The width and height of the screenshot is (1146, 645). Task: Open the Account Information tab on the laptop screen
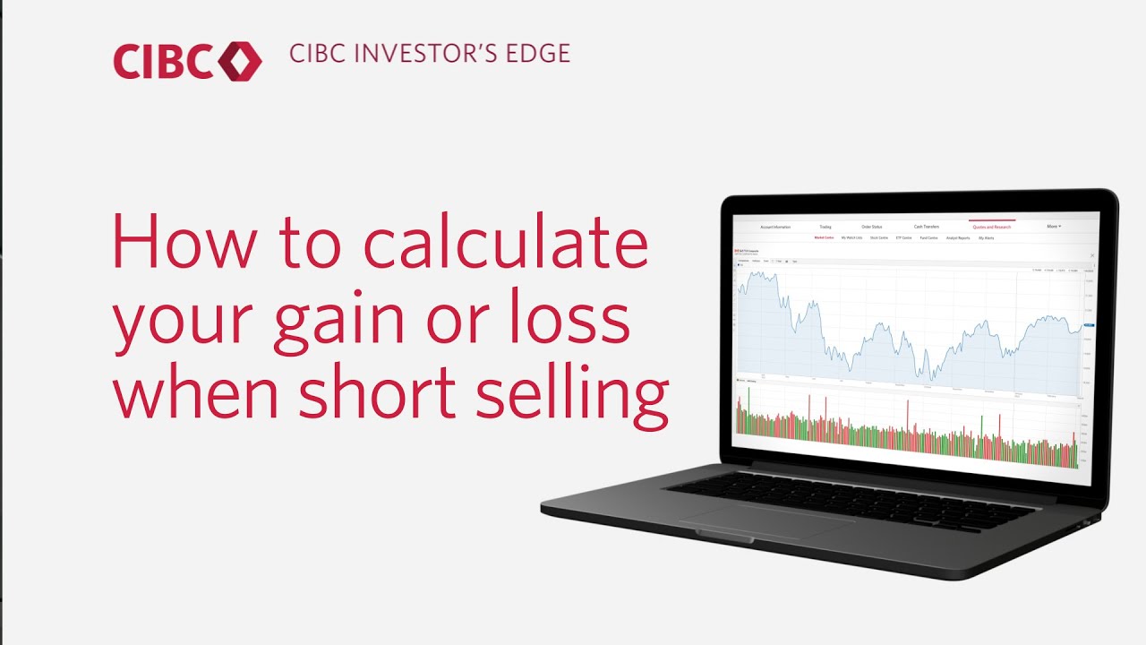(775, 227)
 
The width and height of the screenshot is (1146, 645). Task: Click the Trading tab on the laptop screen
(825, 227)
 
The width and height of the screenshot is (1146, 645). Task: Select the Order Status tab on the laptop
(872, 227)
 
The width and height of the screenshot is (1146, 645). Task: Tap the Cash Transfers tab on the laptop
(926, 227)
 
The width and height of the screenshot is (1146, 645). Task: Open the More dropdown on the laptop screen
(1053, 227)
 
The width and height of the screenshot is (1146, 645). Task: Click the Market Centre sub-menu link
(824, 238)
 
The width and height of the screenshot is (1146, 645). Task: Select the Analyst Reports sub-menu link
(958, 238)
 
